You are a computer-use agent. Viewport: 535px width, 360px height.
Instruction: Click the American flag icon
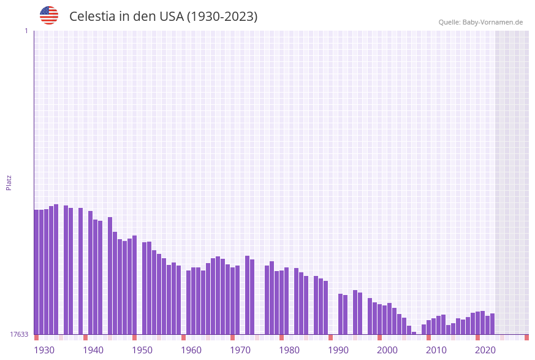(x=49, y=15)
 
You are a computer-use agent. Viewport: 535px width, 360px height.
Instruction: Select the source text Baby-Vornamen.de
(x=492, y=22)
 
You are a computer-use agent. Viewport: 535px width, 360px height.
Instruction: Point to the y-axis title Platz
(x=9, y=182)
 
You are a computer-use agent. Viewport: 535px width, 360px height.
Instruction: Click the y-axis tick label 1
(x=26, y=31)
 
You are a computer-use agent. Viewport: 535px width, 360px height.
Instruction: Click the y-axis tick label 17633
(x=19, y=334)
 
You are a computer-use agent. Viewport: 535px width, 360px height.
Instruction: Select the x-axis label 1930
(x=44, y=350)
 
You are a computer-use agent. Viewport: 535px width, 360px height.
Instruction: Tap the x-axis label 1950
(x=142, y=350)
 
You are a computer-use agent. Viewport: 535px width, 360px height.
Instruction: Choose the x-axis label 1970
(x=240, y=350)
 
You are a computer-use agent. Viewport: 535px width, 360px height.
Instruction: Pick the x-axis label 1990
(x=338, y=350)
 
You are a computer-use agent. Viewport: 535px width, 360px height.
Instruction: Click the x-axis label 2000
(x=387, y=350)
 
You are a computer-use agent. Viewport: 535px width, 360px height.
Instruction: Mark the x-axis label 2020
(x=485, y=350)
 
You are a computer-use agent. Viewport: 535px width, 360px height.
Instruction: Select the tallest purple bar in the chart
(x=56, y=270)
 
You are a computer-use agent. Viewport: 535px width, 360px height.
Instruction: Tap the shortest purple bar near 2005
(x=414, y=333)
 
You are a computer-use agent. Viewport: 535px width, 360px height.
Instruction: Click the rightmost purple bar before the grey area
(x=492, y=324)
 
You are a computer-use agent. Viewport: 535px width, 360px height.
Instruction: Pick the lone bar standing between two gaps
(x=80, y=271)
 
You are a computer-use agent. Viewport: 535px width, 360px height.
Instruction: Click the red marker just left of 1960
(x=183, y=337)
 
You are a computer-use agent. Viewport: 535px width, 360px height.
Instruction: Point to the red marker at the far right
(x=526, y=337)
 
